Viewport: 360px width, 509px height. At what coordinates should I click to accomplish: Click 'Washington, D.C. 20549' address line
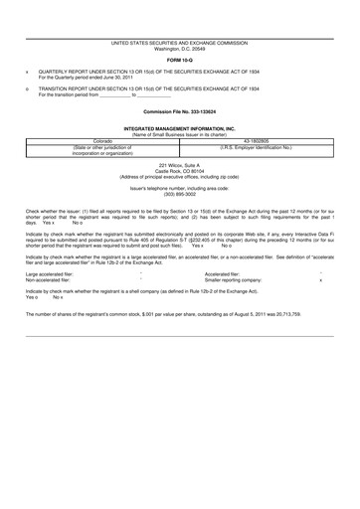(x=180, y=49)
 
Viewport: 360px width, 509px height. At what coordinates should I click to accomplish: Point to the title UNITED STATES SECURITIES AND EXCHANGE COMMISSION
(x=180, y=43)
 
